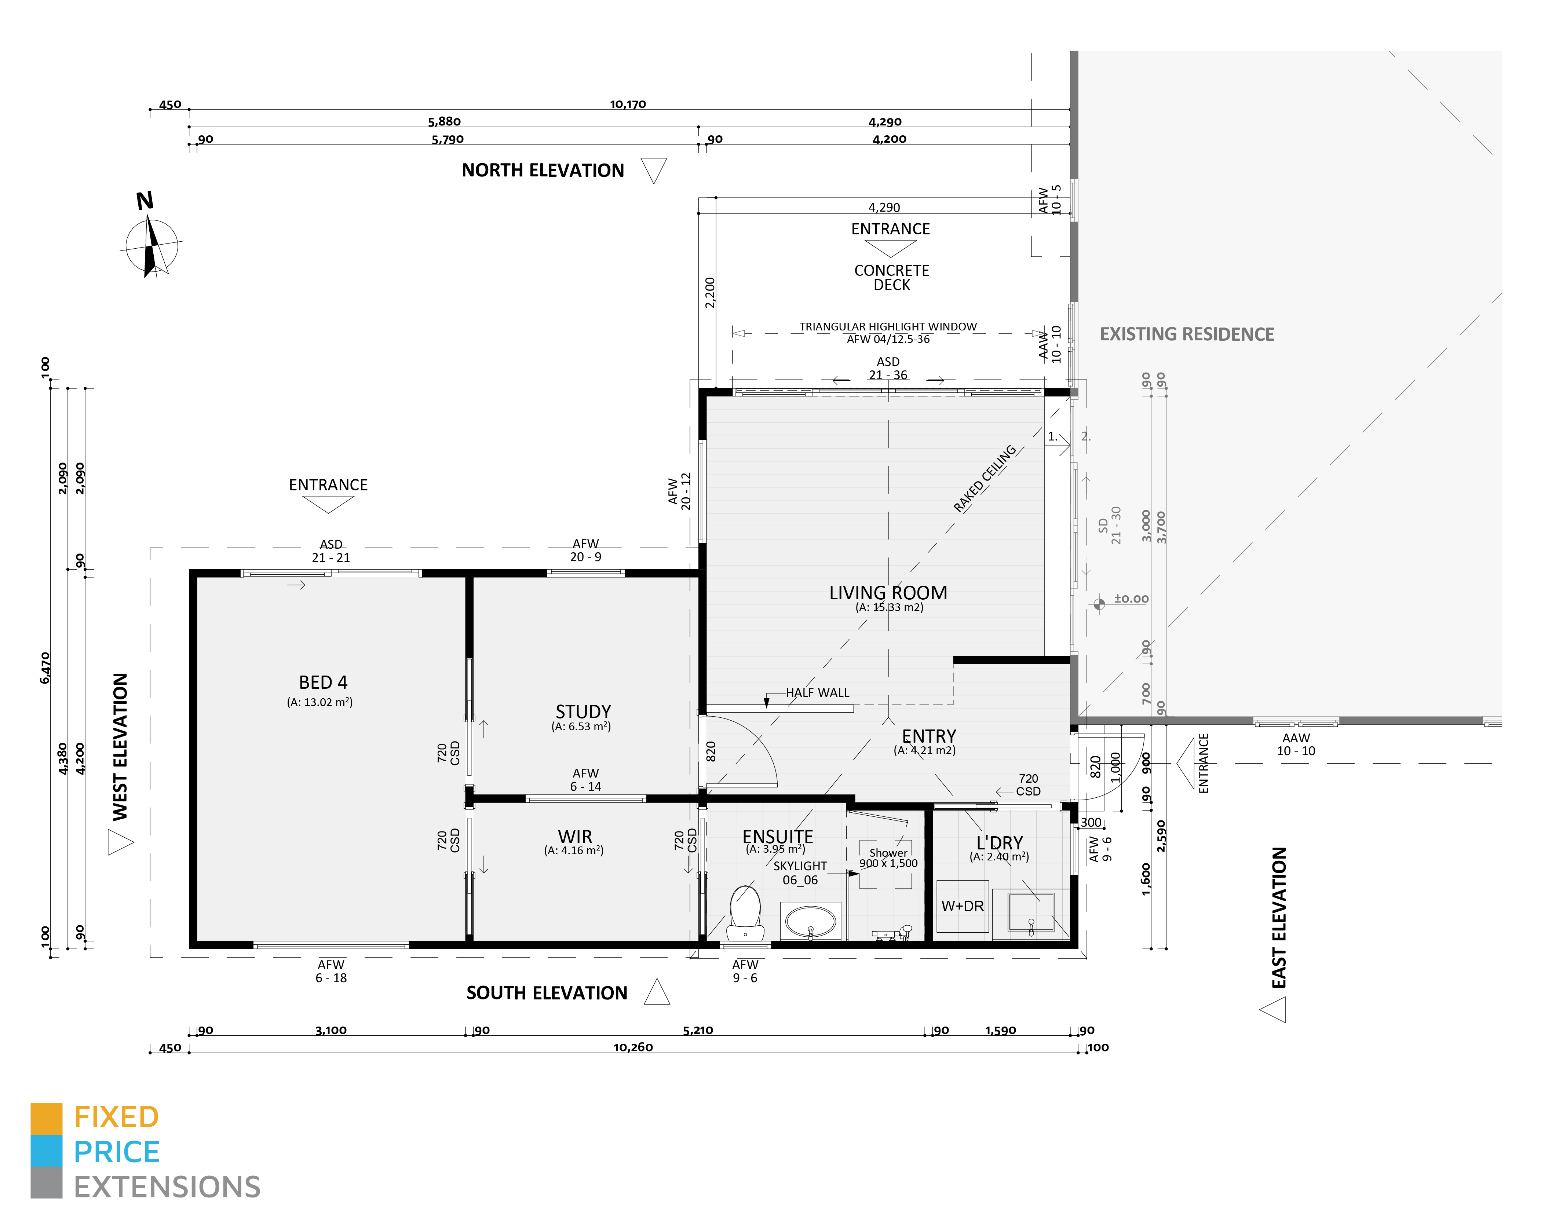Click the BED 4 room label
coord(323,683)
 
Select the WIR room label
coord(575,837)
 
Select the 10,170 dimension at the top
coord(628,104)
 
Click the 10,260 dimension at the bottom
coord(632,1047)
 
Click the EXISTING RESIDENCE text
coord(1187,334)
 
